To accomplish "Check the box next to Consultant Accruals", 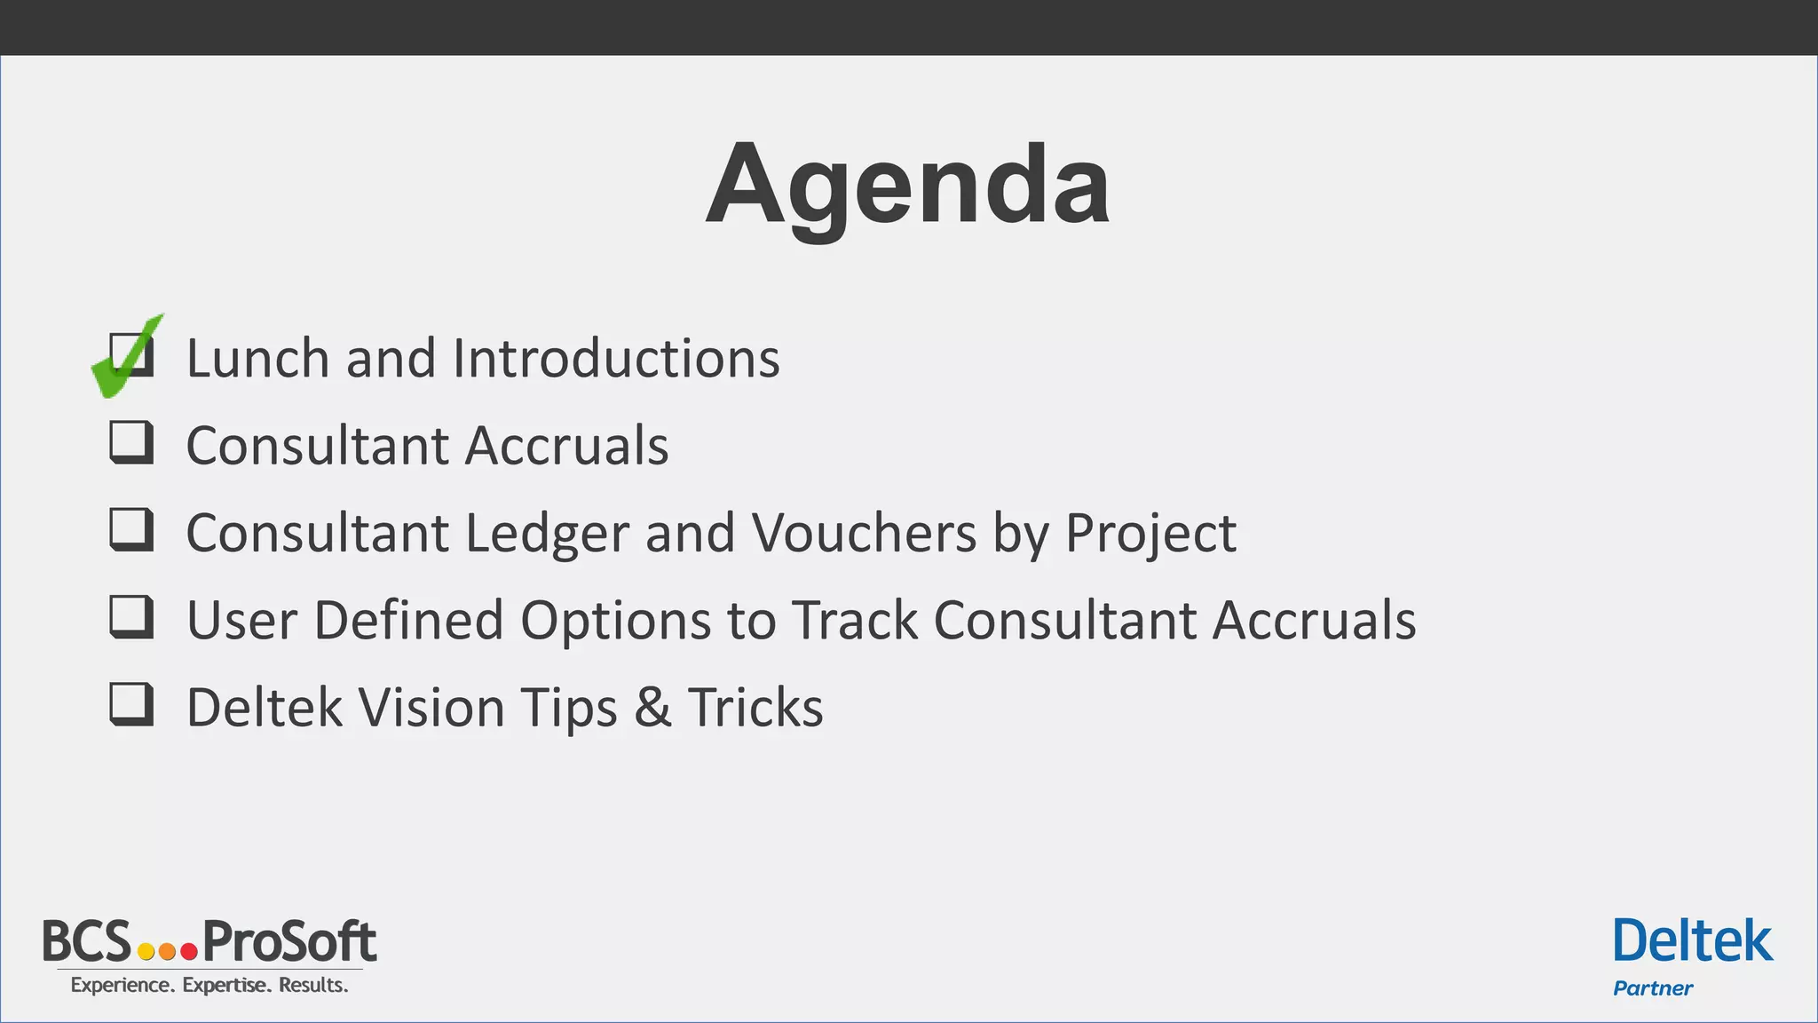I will pyautogui.click(x=131, y=441).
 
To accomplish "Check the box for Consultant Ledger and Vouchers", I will pyautogui.click(x=131, y=529).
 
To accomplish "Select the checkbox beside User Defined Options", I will pyautogui.click(x=131, y=616).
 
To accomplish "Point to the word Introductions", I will pyautogui.click(x=616, y=358).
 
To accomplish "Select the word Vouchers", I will pyautogui.click(x=863, y=533).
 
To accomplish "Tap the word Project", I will pyautogui.click(x=1150, y=533).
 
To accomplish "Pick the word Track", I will pyautogui.click(x=854, y=620).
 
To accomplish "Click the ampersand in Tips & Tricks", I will pyautogui.click(x=652, y=708).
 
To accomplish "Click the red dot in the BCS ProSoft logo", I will pyautogui.click(x=188, y=952).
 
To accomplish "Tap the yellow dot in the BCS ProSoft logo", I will pyautogui.click(x=146, y=952).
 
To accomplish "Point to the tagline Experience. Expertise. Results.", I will pyautogui.click(x=209, y=985).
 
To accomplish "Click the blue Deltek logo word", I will pyautogui.click(x=1692, y=942).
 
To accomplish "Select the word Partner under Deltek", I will pyautogui.click(x=1653, y=988).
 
